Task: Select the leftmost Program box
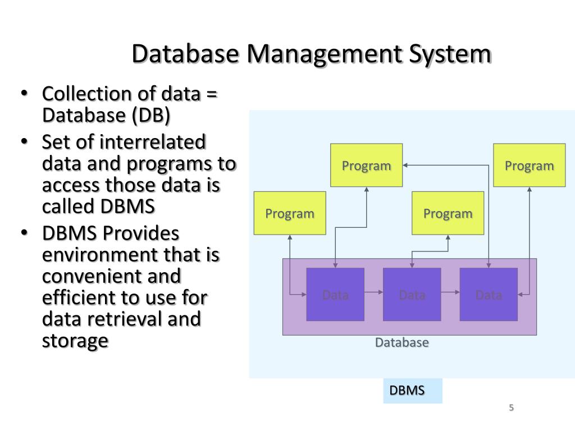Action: point(290,213)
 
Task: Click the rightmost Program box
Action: point(529,166)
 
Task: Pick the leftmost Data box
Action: point(335,294)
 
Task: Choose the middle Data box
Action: point(412,294)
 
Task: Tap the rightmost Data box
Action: point(489,294)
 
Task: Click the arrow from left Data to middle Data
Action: point(373,292)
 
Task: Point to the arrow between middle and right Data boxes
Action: point(450,292)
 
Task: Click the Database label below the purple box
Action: point(402,342)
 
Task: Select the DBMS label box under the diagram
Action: point(412,391)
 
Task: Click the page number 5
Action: point(511,408)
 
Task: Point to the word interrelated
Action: point(153,143)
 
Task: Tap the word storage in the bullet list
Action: point(75,341)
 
